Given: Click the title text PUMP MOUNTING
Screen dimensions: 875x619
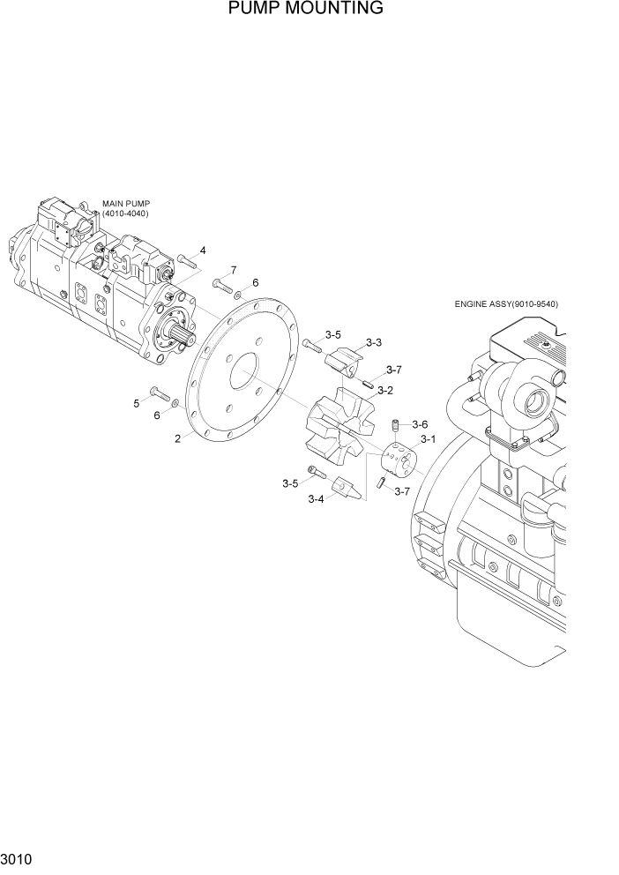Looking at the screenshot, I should coord(305,9).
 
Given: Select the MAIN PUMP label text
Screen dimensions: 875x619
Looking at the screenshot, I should coord(126,204).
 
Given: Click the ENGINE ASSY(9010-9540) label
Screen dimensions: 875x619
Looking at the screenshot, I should coord(506,304).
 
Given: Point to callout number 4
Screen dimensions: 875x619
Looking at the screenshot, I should coord(203,251).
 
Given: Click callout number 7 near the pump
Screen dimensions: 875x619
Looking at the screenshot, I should coord(234,269).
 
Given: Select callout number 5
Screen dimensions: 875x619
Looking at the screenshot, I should coord(137,403).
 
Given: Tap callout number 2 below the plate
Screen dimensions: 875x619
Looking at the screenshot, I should coord(177,437).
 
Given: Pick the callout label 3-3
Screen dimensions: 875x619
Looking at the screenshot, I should coord(373,342).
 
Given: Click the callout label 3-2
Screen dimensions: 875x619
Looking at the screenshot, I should coord(384,390).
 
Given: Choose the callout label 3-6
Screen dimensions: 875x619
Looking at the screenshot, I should coord(419,424).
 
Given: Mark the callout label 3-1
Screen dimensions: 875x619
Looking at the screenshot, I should coord(429,439).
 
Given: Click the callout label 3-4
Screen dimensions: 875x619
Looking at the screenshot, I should coord(316,499).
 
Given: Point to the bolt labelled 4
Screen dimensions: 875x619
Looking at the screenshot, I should coord(185,260).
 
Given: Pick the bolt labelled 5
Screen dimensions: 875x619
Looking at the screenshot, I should coord(159,393).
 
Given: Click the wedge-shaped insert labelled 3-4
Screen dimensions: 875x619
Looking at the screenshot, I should coord(346,488).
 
